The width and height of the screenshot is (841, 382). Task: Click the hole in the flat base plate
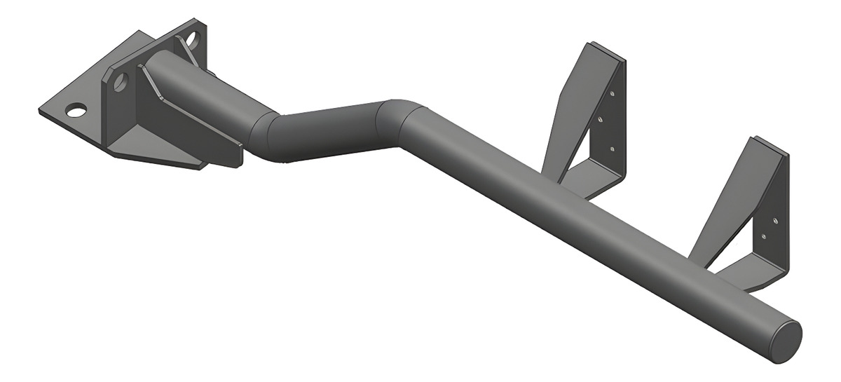pyautogui.click(x=76, y=110)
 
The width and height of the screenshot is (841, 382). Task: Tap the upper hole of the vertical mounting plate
pyautogui.click(x=191, y=39)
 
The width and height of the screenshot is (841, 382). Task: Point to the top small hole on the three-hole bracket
pyautogui.click(x=612, y=93)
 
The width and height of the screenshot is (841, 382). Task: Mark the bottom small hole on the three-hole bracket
pyautogui.click(x=613, y=149)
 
